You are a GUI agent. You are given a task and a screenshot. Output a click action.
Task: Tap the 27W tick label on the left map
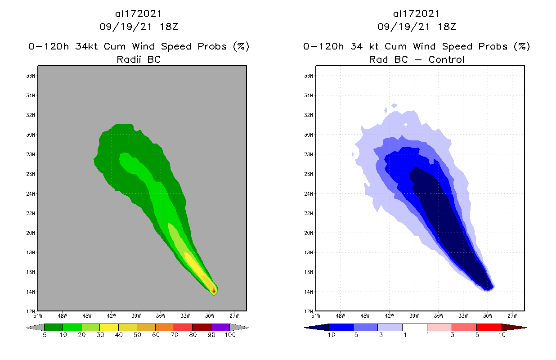(x=234, y=315)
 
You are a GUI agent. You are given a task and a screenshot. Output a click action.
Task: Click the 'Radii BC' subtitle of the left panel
(x=139, y=59)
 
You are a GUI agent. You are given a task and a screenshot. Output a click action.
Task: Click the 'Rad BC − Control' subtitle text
(x=417, y=59)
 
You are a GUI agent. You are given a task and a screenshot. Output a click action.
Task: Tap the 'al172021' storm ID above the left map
(x=139, y=14)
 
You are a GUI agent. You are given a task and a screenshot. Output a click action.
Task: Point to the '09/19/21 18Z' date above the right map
(x=417, y=27)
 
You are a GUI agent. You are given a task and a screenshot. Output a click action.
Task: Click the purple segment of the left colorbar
(x=220, y=327)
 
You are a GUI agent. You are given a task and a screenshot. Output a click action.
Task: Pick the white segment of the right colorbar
(x=414, y=327)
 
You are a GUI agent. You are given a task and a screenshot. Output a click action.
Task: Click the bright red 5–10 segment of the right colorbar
(x=489, y=327)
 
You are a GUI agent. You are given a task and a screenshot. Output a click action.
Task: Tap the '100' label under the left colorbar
(x=230, y=335)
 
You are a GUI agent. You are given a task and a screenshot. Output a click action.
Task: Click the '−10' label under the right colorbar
(x=329, y=335)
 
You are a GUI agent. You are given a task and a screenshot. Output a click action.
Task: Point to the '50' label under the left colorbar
(x=137, y=335)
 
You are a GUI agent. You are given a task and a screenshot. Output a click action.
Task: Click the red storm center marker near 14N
(x=214, y=291)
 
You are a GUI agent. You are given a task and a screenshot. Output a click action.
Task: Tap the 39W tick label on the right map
(x=414, y=315)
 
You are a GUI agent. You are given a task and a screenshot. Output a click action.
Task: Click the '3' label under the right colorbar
(x=452, y=335)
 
